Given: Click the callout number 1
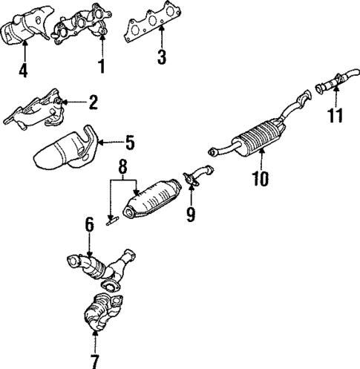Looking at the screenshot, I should click(102, 67).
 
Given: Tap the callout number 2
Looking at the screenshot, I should click(94, 102).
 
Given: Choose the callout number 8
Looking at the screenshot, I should click(122, 169).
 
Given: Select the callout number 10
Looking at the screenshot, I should click(261, 177).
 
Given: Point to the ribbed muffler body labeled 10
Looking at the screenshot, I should click(256, 137).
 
